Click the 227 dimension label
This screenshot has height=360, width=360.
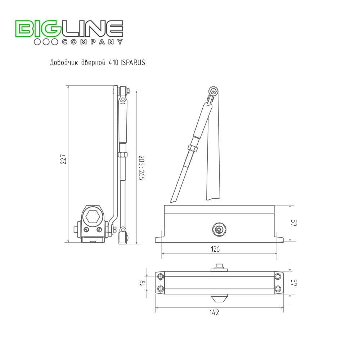point(63,159)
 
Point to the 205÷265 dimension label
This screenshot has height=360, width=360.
point(141,168)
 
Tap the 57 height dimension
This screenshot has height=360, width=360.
point(294,223)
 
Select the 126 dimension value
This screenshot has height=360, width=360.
point(215,249)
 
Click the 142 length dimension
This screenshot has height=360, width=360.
point(214,312)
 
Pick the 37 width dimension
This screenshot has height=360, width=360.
point(294,282)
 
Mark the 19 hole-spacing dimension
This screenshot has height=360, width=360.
point(143,283)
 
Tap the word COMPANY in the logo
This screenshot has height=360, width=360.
point(93,42)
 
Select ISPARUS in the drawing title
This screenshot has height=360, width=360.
point(133,62)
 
